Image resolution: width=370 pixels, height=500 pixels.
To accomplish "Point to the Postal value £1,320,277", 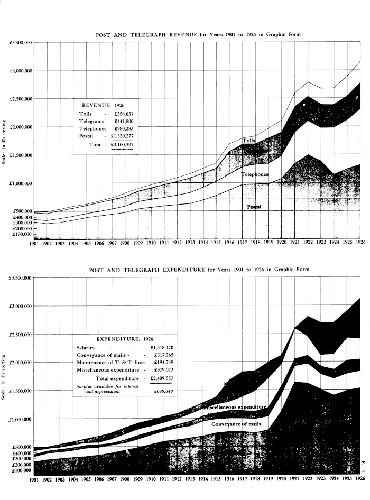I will click(125, 136).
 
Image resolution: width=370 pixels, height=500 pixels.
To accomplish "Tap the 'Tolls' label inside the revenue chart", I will click(249, 141).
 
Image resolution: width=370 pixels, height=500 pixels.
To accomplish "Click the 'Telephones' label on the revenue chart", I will click(255, 174).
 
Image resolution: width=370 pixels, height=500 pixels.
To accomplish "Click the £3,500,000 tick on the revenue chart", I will click(21, 42).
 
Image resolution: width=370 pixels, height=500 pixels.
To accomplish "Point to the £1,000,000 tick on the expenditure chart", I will click(21, 419).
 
